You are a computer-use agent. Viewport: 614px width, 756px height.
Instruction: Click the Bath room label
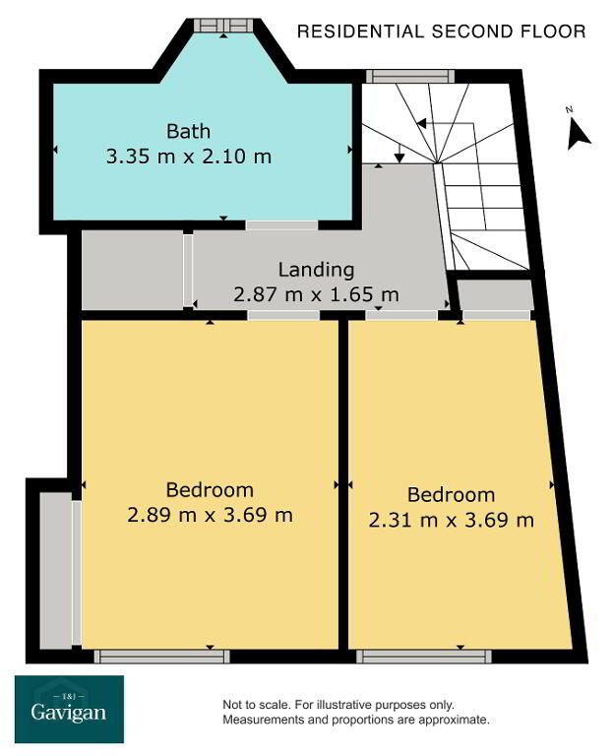tap(189, 131)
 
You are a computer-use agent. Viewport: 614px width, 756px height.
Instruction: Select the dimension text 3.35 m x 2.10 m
tap(189, 157)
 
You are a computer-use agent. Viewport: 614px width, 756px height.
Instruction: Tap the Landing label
tap(316, 270)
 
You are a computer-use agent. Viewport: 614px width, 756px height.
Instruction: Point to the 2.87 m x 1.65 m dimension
tap(316, 294)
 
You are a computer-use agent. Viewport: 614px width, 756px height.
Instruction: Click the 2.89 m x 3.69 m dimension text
tap(211, 515)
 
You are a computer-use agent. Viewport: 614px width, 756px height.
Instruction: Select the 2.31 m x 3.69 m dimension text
tap(452, 520)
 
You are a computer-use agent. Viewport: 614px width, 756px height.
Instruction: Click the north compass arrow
tap(578, 135)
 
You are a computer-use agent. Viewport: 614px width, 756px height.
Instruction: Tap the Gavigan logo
tap(70, 709)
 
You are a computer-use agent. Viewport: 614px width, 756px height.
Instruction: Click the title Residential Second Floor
tap(442, 31)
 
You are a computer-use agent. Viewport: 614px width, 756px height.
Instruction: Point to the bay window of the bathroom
tap(224, 25)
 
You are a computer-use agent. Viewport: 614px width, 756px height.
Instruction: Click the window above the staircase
tap(410, 76)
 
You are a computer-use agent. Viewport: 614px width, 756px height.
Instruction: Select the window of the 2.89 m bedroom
tap(162, 657)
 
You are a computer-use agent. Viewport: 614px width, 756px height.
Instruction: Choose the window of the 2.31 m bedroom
tap(424, 657)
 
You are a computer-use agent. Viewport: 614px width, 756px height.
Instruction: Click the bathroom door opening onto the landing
tap(282, 225)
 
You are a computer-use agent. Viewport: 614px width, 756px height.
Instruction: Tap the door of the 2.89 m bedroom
tap(283, 315)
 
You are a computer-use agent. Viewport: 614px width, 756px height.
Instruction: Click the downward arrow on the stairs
tap(399, 153)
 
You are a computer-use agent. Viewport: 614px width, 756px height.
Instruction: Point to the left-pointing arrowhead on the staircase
tap(421, 124)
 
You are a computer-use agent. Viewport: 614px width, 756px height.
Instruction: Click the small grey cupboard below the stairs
tap(495, 294)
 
